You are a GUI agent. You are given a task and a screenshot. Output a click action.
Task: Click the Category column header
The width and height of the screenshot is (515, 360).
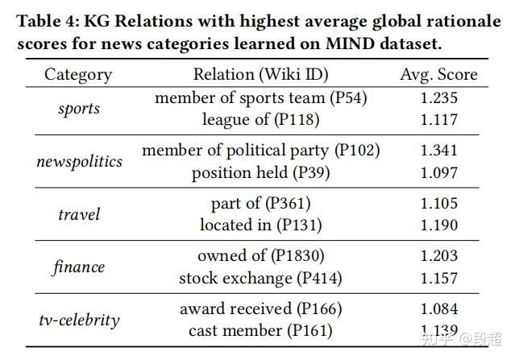coord(78,75)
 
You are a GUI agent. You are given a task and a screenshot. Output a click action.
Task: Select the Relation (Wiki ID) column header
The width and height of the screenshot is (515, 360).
coord(260,75)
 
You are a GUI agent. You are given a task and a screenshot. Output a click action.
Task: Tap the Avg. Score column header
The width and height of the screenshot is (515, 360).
coord(438,75)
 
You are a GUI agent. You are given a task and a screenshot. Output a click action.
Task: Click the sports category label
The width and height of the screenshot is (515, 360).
coord(79,108)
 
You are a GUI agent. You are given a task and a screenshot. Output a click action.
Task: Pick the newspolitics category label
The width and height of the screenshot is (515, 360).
coord(79,161)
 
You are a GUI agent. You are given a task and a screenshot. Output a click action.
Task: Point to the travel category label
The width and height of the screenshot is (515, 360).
coord(79,214)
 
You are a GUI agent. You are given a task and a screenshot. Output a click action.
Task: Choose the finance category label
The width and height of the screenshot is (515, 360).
coord(79,267)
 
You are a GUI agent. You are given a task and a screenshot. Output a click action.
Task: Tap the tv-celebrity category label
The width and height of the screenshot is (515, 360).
coord(79,320)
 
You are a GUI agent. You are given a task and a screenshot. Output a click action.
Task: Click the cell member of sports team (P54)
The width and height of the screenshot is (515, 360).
coord(260,97)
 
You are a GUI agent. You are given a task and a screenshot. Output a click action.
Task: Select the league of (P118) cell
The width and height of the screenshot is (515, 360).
coord(260,119)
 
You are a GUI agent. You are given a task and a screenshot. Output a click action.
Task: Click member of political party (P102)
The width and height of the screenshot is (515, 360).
coord(260,151)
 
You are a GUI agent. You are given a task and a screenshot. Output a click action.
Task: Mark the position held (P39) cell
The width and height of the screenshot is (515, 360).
coord(260,172)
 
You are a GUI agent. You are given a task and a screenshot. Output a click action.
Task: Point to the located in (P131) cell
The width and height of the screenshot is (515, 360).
coord(260,226)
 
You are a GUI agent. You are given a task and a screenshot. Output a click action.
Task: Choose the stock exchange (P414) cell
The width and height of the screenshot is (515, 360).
coord(260,279)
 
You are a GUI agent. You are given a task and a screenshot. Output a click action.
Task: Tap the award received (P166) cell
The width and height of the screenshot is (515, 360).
coord(260,309)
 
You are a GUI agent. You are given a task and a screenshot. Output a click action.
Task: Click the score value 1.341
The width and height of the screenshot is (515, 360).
coord(438,151)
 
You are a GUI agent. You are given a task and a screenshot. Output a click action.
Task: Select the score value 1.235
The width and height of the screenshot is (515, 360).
coord(438,97)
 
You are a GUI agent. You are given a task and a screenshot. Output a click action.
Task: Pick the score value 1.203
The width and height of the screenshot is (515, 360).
coord(438,256)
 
